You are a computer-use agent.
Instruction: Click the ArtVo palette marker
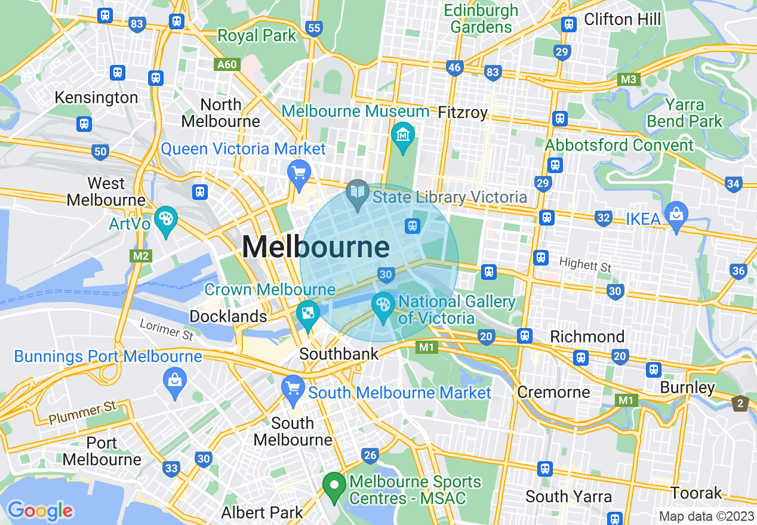pos(165,219)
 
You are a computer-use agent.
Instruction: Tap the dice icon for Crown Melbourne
pos(308,314)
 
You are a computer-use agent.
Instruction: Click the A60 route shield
pos(228,64)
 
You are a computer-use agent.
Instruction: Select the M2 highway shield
pos(141,256)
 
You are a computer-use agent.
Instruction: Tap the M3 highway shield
pos(629,79)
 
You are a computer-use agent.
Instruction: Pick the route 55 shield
pos(313,27)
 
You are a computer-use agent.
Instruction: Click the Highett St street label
pos(585,265)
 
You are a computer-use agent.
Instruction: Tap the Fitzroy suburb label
pos(463,112)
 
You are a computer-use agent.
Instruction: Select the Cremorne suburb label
pos(553,392)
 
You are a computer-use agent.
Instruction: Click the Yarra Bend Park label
pos(685,113)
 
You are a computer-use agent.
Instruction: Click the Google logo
pos(40,511)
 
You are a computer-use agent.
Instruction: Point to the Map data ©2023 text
pos(706,516)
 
